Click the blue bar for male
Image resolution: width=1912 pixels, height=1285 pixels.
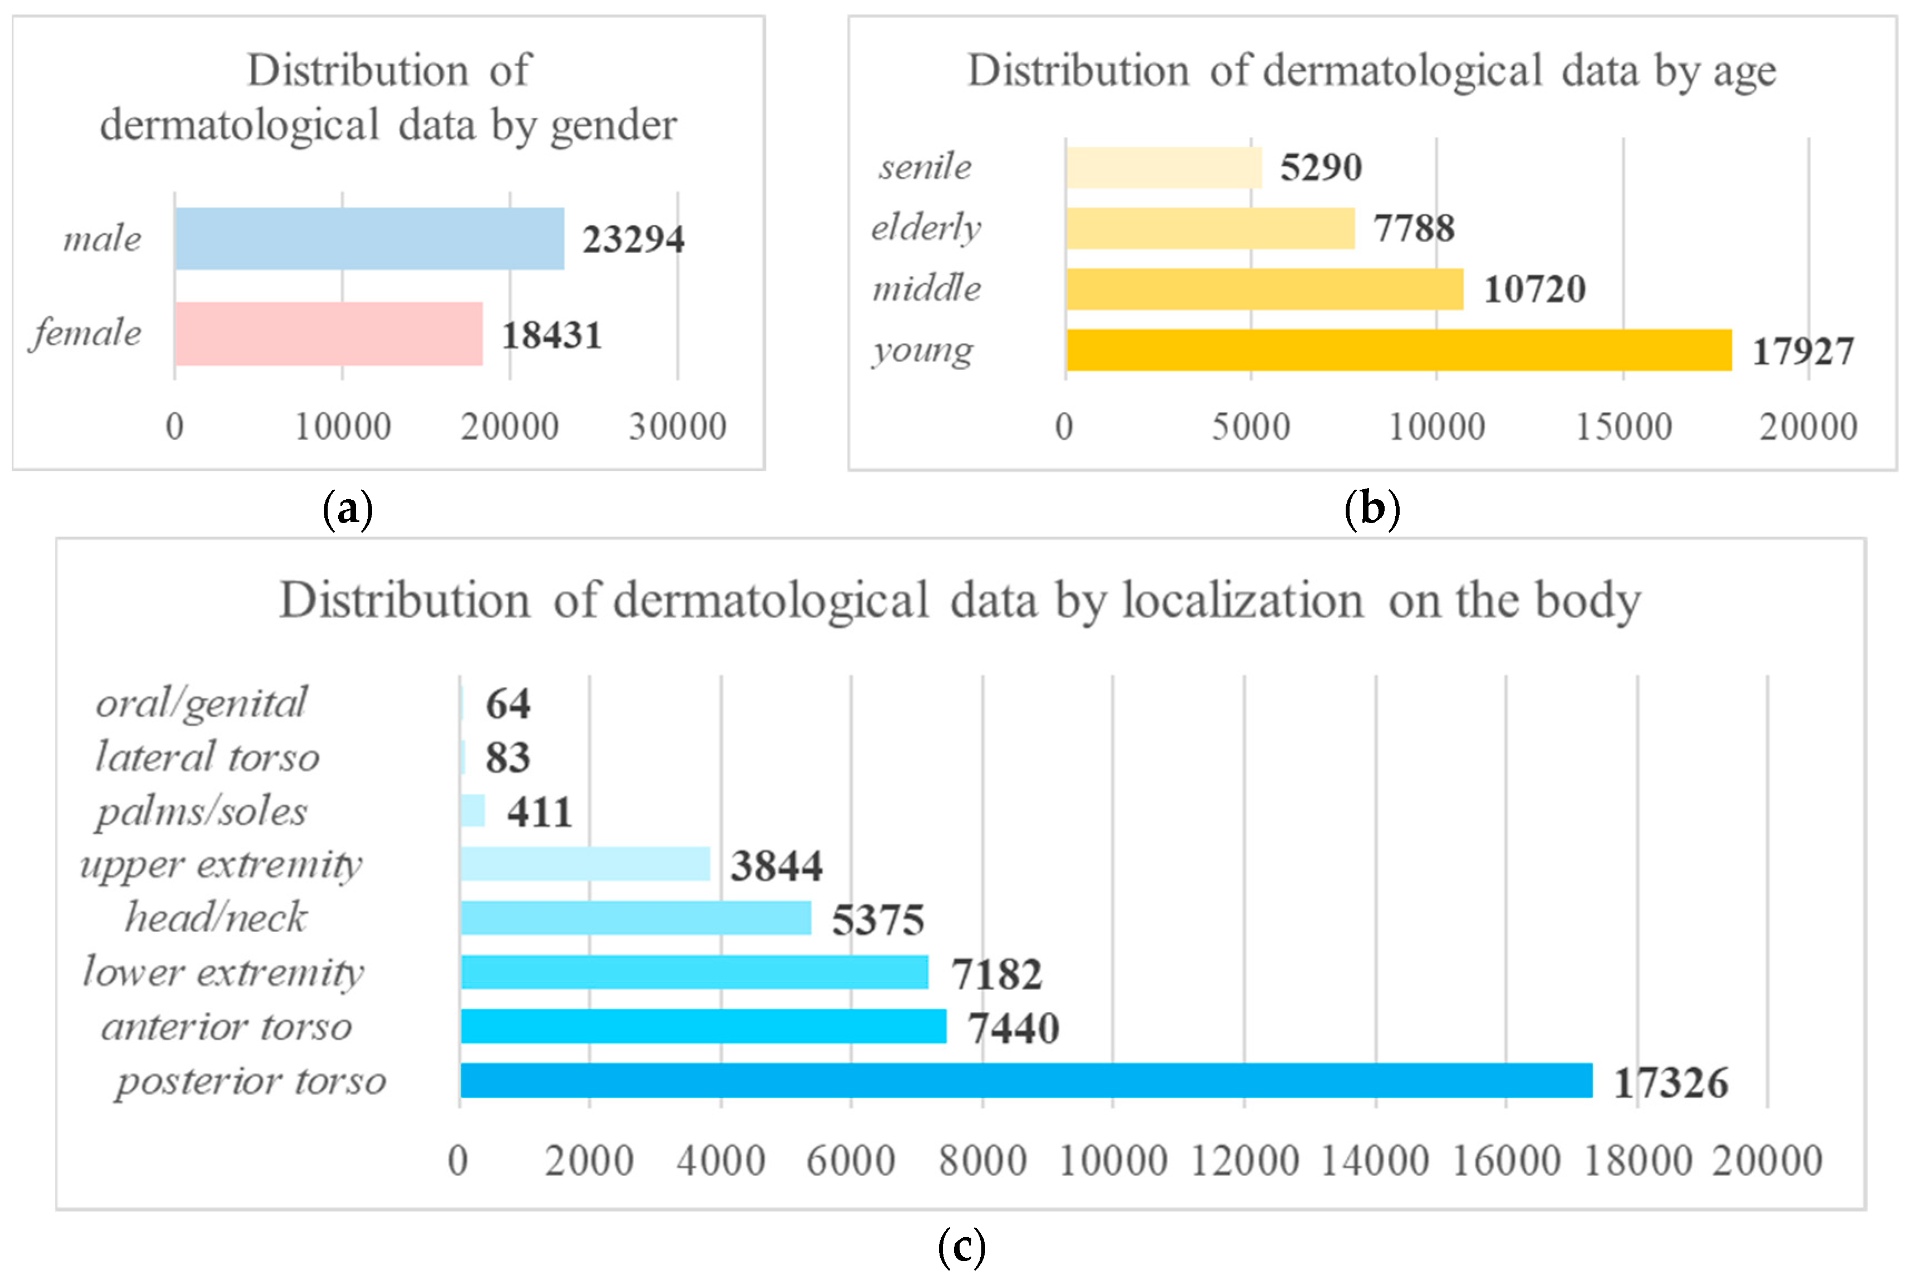(x=369, y=239)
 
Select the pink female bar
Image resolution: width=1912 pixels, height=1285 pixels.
(x=328, y=333)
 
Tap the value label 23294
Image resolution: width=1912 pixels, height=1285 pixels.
(x=633, y=240)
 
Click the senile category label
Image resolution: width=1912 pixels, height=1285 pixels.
(x=925, y=167)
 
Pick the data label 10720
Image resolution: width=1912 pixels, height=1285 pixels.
(x=1534, y=289)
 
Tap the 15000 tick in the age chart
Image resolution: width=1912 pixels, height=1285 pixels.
(x=1623, y=427)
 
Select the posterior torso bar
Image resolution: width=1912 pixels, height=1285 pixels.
(x=1026, y=1080)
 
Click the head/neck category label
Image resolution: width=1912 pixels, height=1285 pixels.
(x=215, y=917)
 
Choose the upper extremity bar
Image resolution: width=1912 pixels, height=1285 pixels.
(x=585, y=864)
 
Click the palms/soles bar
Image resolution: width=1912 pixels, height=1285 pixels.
(x=473, y=810)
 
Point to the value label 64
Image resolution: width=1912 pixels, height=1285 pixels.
(x=507, y=704)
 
